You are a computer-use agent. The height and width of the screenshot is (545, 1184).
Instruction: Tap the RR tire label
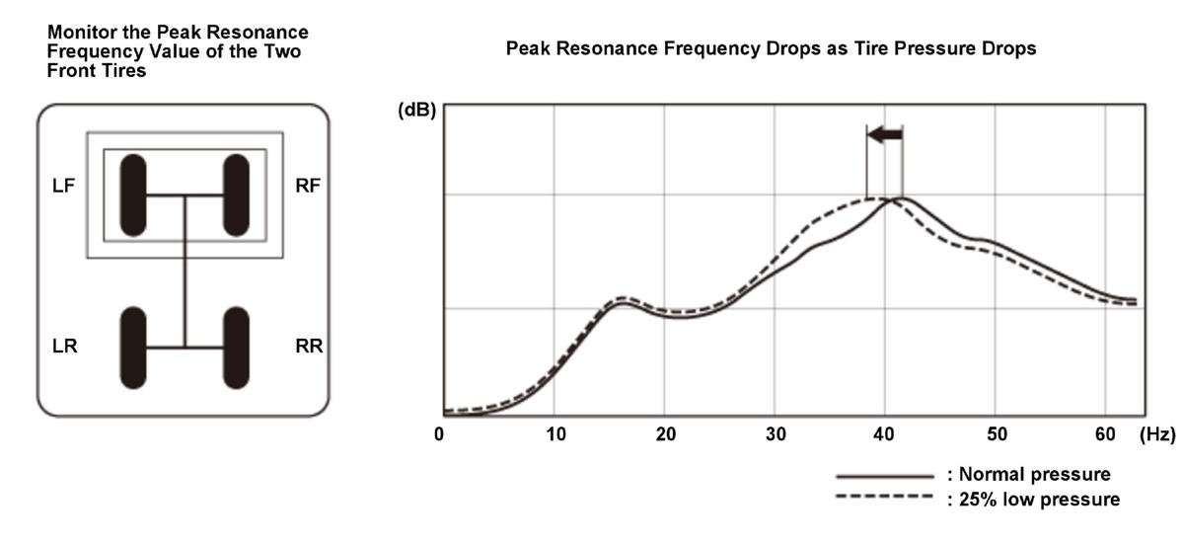point(308,347)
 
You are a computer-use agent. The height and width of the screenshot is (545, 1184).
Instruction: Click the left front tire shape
point(133,195)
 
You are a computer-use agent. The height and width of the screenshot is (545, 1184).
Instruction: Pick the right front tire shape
point(236,195)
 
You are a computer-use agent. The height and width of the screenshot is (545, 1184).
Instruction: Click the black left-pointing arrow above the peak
point(885,134)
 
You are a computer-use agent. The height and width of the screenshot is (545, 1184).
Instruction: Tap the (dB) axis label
point(415,111)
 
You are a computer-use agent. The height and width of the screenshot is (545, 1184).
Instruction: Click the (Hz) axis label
point(1159,434)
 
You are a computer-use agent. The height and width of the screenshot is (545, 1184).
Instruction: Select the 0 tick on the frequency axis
point(442,434)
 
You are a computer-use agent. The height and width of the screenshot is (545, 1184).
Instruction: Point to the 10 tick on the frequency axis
point(555,434)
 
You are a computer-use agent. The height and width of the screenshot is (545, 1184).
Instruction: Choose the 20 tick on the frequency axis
point(665,434)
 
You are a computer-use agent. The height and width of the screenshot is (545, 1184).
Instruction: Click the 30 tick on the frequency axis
point(776,434)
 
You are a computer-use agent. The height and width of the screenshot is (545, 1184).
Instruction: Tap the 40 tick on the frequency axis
point(886,434)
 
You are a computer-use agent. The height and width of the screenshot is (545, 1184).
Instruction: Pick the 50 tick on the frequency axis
point(997,434)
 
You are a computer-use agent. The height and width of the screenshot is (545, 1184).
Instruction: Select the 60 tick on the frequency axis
point(1107,434)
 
